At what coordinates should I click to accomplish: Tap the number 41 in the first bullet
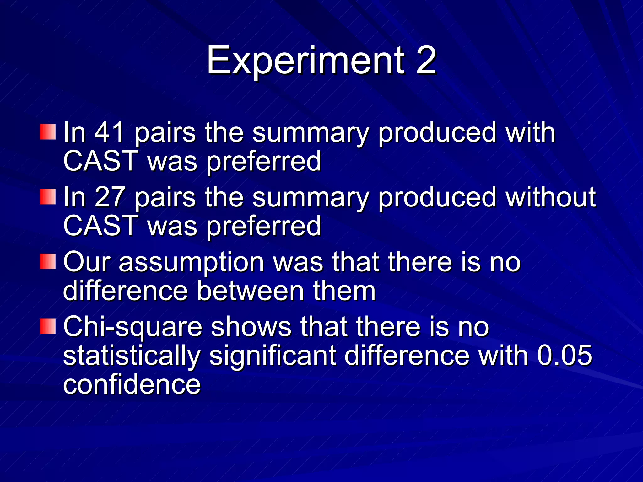[x=110, y=132]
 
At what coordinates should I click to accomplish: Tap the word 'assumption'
[x=191, y=263]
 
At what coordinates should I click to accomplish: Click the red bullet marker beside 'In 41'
[x=48, y=132]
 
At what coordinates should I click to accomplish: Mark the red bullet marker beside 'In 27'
[x=48, y=197]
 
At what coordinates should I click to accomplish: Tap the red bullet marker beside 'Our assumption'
[x=48, y=261]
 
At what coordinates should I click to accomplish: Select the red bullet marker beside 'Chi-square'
[x=48, y=326]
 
